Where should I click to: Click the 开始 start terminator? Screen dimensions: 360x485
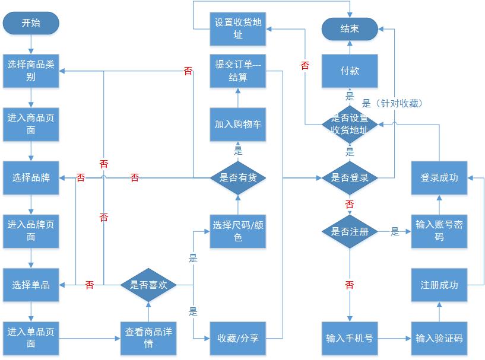31,23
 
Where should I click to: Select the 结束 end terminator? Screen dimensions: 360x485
350,28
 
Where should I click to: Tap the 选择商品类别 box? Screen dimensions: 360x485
31,71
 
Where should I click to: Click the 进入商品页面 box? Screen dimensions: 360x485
31,124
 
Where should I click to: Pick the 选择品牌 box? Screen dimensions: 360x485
31,177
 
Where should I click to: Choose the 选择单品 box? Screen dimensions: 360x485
31,285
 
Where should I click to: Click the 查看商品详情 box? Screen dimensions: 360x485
148,338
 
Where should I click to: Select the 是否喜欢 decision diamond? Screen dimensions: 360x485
148,285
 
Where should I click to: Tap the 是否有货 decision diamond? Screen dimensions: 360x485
237,177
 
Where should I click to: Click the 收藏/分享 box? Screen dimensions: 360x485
237,338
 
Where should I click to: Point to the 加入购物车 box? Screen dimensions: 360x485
237,124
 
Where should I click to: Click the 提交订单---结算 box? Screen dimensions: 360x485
237,71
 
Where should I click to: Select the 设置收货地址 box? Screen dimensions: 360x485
237,28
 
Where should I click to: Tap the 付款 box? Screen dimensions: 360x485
350,71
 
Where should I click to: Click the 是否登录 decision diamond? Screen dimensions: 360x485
350,177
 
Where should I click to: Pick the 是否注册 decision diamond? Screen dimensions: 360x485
350,231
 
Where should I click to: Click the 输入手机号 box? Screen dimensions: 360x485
350,338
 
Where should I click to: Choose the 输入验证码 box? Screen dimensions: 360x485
439,338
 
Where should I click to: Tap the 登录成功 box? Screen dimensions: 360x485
439,177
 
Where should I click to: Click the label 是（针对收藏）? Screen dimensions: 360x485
392,103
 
